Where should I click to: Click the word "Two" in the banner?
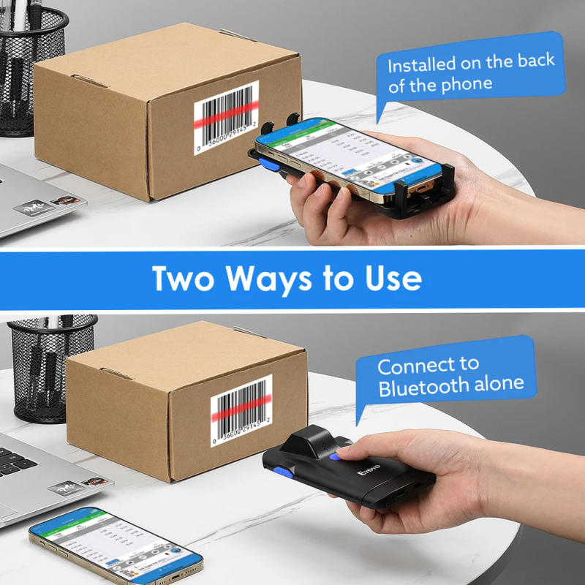point(184,279)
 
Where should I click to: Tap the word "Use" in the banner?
point(393,279)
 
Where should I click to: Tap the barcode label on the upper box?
point(226,118)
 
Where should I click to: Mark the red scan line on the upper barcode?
point(226,113)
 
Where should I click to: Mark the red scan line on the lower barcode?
point(242,413)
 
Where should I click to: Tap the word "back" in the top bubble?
point(536,61)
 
